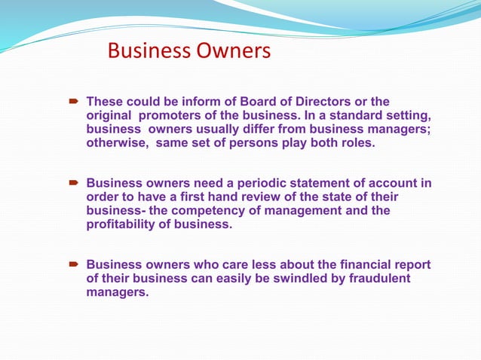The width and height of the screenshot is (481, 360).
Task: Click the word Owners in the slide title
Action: (233, 51)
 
